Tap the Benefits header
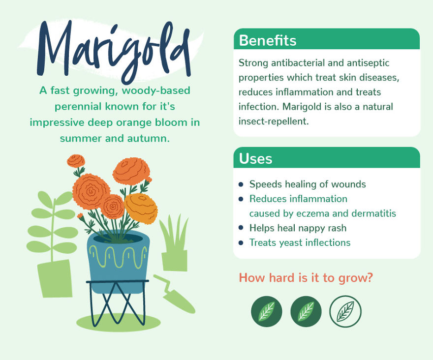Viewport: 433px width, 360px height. pyautogui.click(x=268, y=40)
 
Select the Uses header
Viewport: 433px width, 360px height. pyautogui.click(x=255, y=158)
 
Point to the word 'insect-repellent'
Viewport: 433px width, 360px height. pyautogui.click(x=274, y=121)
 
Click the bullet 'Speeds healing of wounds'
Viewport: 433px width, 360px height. pyautogui.click(x=308, y=184)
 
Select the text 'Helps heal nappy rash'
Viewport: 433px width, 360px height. pyautogui.click(x=298, y=228)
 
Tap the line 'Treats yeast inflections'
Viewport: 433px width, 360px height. pyautogui.click(x=300, y=242)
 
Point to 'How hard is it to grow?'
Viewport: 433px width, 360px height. pyautogui.click(x=306, y=278)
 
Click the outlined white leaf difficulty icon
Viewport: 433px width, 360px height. pyautogui.click(x=345, y=311)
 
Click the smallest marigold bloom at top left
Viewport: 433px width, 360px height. pyautogui.click(x=76, y=160)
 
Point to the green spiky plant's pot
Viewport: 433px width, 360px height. pyautogui.click(x=175, y=261)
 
